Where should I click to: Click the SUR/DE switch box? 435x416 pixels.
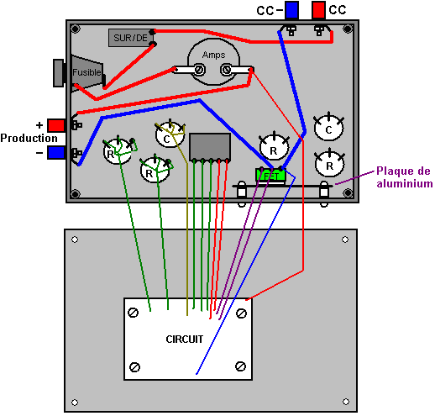131,38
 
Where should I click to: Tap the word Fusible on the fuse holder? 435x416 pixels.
86,72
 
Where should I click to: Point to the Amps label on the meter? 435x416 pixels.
213,55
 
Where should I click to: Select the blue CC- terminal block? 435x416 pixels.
291,10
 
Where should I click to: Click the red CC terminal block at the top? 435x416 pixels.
318,10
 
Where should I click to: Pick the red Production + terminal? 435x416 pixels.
56,125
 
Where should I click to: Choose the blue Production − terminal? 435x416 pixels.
56,153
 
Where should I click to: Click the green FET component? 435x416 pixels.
270,176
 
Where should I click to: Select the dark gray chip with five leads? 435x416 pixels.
210,147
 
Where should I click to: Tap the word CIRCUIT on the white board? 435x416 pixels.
185,340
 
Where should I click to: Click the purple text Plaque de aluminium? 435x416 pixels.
405,177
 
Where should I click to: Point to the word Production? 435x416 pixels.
29,138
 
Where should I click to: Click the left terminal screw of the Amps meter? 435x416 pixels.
199,70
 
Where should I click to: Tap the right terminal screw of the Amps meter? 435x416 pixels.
226,69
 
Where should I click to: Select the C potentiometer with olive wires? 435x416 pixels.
170,135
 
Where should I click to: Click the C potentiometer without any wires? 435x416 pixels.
328,128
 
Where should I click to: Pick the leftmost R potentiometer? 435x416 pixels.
118,151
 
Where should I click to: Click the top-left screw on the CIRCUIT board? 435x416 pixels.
133,313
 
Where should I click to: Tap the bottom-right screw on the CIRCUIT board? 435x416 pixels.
240,366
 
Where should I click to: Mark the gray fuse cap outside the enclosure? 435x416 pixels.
59,73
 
